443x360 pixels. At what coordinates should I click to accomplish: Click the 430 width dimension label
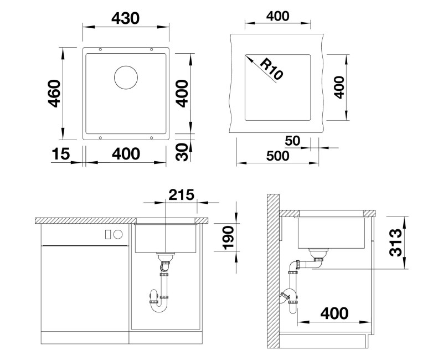point(126,18)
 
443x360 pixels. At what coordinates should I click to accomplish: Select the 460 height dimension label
point(54,94)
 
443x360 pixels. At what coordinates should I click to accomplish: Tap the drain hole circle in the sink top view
point(126,78)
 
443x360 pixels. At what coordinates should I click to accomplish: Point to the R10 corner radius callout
point(271,69)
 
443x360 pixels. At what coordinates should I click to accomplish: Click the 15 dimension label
point(60,154)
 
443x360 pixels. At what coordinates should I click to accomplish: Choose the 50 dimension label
point(293,141)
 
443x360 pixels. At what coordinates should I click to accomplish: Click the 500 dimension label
point(278,156)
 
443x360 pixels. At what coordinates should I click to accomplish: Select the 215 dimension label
point(182,194)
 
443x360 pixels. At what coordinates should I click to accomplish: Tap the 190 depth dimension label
point(229,238)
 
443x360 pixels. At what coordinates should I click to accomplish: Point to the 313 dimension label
point(395,242)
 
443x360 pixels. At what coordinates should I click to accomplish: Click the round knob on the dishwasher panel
point(118,234)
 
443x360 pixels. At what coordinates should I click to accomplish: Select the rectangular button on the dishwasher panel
point(108,234)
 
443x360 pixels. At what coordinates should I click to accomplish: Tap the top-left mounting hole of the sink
point(100,49)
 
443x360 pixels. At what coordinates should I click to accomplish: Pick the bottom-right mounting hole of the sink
point(151,137)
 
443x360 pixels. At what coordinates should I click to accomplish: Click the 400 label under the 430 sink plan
point(126,154)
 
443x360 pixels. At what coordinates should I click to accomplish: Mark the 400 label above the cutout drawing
point(278,16)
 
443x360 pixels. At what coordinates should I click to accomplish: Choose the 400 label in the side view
point(334,313)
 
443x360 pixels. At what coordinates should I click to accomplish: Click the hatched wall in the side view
point(273,271)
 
